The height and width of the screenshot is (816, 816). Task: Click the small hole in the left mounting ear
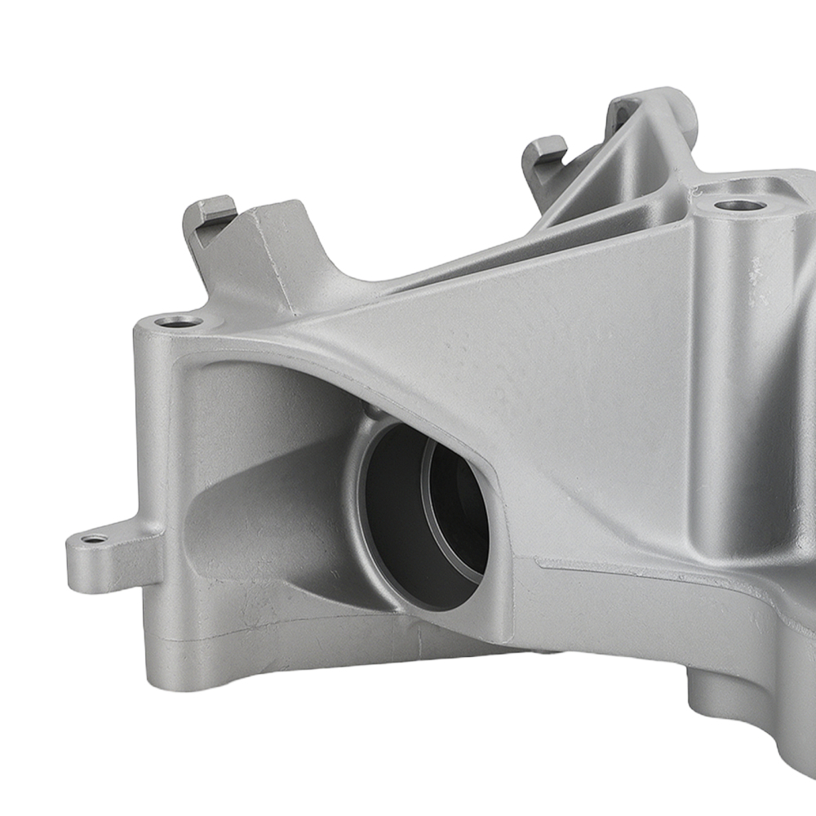tap(94, 539)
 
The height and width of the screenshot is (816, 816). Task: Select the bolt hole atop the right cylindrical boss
tap(740, 204)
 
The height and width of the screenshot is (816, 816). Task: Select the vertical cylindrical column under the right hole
tap(734, 367)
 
